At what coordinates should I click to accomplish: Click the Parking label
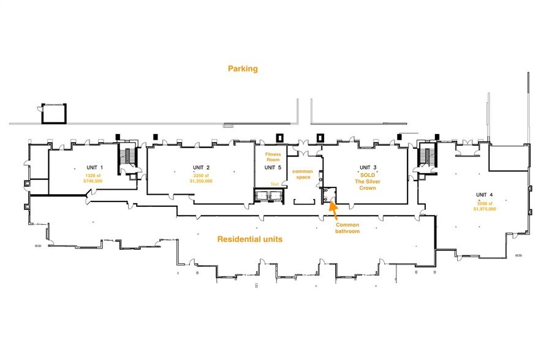pyautogui.click(x=243, y=69)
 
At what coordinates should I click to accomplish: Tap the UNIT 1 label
pyautogui.click(x=93, y=168)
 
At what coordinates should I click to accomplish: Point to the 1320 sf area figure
pyautogui.click(x=93, y=175)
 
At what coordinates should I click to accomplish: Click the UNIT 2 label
pyautogui.click(x=201, y=168)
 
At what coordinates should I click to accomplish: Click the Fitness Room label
pyautogui.click(x=273, y=157)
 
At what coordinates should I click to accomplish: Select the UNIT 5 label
pyautogui.click(x=273, y=167)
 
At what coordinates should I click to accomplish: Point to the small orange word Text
pyautogui.click(x=274, y=184)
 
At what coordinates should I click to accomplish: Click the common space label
pyautogui.click(x=303, y=174)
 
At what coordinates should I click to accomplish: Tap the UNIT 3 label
pyautogui.click(x=368, y=168)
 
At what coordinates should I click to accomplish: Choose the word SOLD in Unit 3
pyautogui.click(x=368, y=174)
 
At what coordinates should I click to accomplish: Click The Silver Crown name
pyautogui.click(x=368, y=184)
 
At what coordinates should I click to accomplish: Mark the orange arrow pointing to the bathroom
pyautogui.click(x=333, y=208)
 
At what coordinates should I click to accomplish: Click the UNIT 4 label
pyautogui.click(x=484, y=195)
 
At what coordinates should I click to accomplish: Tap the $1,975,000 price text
pyautogui.click(x=484, y=209)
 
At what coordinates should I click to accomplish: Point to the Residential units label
pyautogui.click(x=250, y=239)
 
